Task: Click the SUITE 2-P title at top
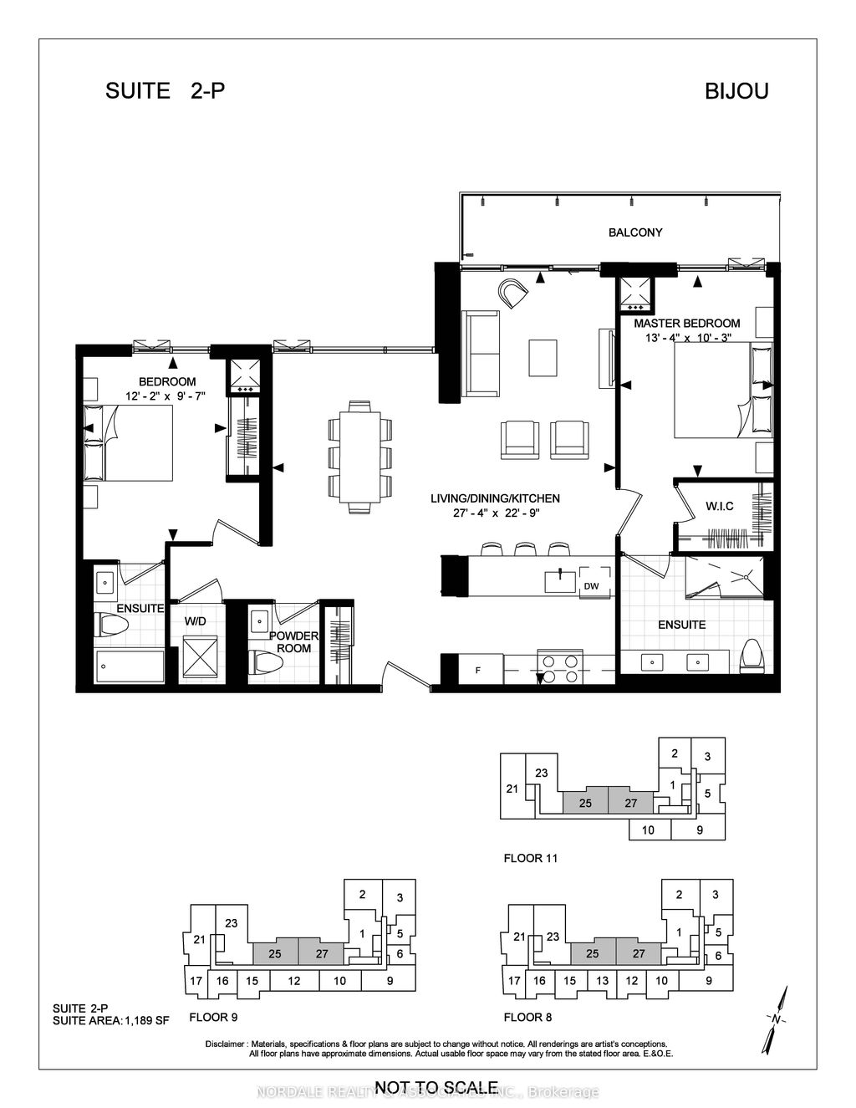[x=166, y=91]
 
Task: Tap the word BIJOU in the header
[x=736, y=91]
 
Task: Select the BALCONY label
[x=634, y=232]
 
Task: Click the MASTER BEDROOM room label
[x=686, y=324]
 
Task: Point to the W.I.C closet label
[x=719, y=505]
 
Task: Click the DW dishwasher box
[x=591, y=586]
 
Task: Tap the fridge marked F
[x=477, y=670]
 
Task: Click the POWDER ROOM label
[x=293, y=642]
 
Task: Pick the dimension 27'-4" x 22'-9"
[x=495, y=513]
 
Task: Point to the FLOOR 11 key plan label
[x=530, y=858]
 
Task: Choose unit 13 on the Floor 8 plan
[x=601, y=981]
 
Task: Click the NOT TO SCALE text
[x=436, y=1087]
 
